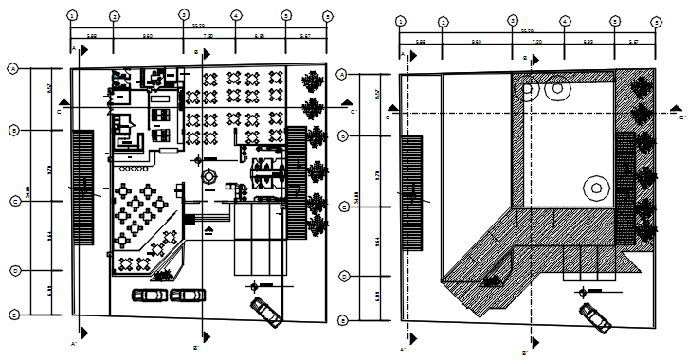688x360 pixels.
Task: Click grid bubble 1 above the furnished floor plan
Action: (x=72, y=16)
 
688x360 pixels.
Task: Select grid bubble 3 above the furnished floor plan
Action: (x=185, y=16)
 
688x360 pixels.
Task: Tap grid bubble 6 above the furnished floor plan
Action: (x=327, y=16)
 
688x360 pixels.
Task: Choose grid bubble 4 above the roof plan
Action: (x=564, y=21)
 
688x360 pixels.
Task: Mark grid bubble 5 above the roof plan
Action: (x=615, y=21)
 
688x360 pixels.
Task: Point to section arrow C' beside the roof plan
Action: (x=676, y=113)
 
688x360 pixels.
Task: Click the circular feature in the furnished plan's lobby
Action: (x=209, y=177)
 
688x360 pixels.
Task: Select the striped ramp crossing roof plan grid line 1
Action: (x=411, y=192)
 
